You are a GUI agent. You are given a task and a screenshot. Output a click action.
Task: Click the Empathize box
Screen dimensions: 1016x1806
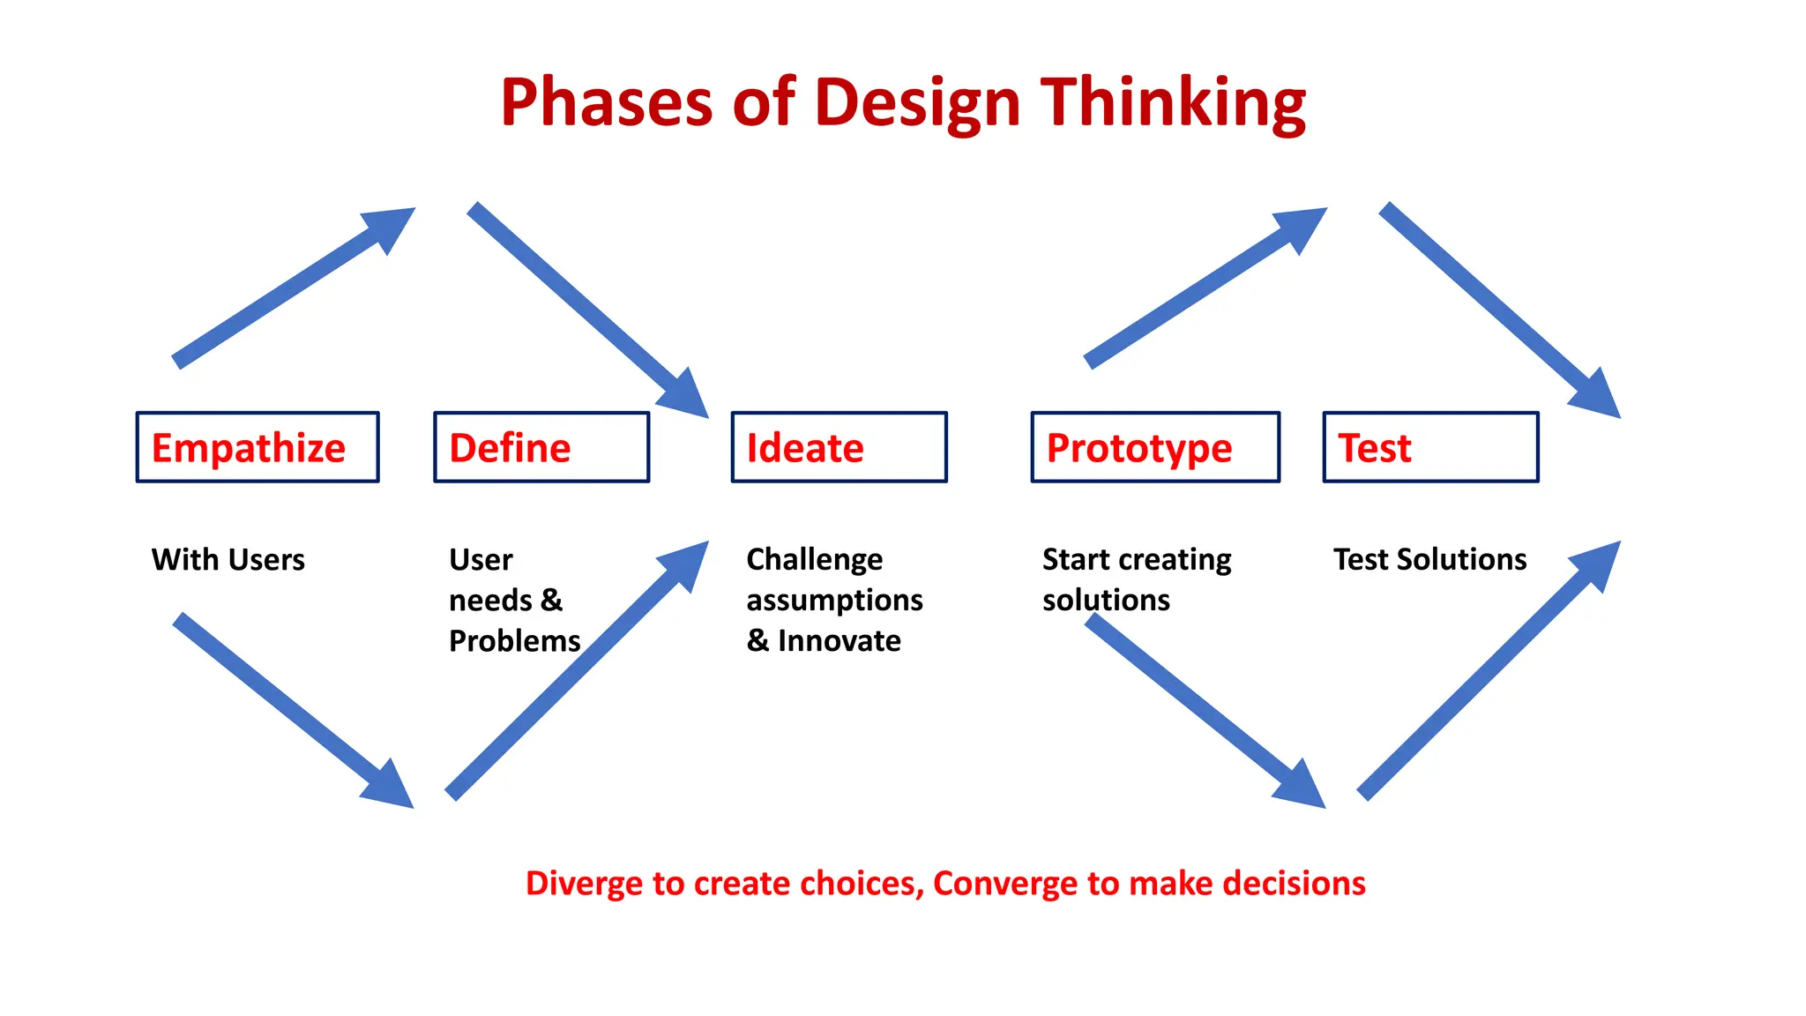(x=257, y=447)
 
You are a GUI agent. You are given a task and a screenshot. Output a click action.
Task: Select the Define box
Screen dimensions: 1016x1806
(x=541, y=447)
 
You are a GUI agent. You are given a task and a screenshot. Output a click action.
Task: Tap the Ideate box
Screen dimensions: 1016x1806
(x=839, y=447)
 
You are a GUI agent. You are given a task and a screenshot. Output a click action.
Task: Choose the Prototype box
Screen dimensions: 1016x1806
(x=1155, y=447)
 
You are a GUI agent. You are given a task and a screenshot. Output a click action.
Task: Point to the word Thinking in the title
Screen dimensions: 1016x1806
(x=1173, y=102)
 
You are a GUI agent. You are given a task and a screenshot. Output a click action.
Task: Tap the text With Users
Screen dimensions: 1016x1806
(x=228, y=559)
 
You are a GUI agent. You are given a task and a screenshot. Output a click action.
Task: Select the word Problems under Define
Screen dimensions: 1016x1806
(x=514, y=640)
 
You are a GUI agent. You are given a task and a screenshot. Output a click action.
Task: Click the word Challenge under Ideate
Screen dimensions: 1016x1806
(x=814, y=559)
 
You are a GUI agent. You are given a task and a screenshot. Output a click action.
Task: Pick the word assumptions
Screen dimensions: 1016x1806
(x=834, y=600)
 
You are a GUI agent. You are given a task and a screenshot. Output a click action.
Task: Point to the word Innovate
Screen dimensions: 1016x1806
(x=839, y=640)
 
